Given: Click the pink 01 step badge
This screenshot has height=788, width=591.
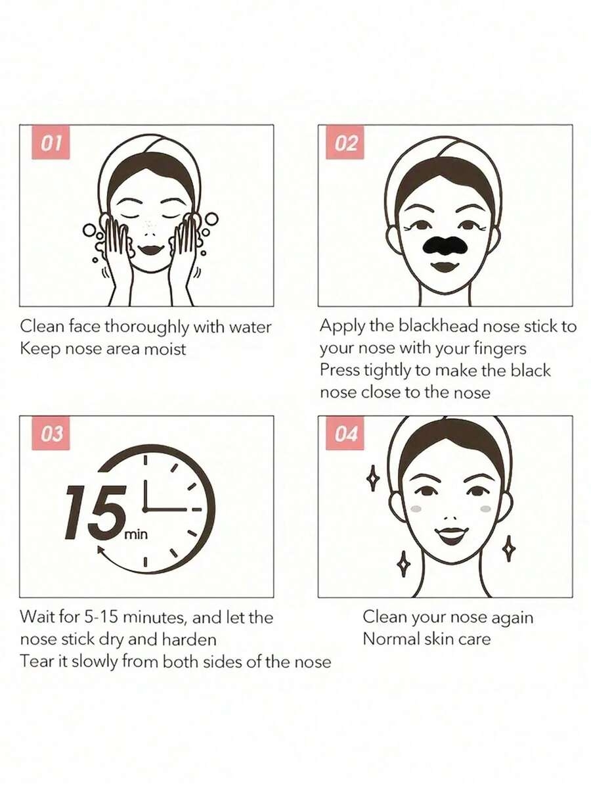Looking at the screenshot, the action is coord(51,143).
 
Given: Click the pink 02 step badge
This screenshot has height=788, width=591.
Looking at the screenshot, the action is coord(345,143).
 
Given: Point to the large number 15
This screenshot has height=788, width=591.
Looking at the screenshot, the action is coord(95,511).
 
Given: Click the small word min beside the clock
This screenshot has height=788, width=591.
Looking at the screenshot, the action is coord(135,534).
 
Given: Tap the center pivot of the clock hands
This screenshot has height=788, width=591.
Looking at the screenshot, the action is coord(144,509).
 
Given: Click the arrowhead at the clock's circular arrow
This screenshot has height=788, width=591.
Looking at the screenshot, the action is coord(101,551).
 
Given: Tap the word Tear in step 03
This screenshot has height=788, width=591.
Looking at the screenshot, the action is coord(35,661).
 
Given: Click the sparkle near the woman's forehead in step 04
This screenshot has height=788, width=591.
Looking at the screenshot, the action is coord(372,478).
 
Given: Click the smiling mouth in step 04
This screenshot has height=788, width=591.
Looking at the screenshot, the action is coord(451,536).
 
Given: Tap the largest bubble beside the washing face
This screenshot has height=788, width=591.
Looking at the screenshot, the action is coord(212,219).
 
